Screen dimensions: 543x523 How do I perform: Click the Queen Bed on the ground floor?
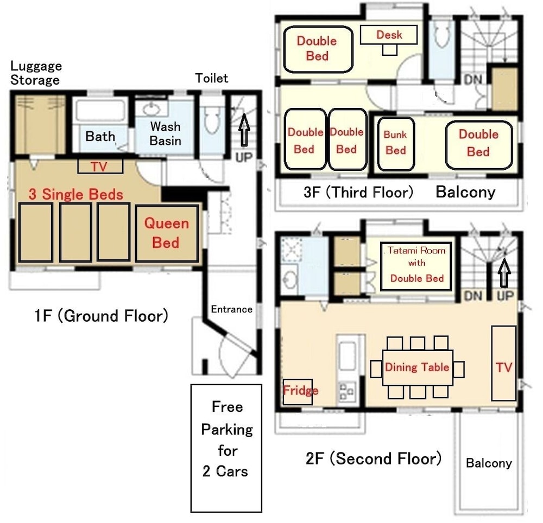coord(167,233)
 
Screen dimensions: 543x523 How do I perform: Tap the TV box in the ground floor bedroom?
coord(100,167)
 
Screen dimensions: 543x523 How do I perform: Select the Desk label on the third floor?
coord(389,35)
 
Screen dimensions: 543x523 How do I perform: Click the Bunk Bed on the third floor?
coord(396,144)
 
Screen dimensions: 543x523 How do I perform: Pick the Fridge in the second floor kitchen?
coord(298,392)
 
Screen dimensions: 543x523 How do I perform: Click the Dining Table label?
coord(417,367)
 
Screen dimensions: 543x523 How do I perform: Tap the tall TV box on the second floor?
coord(504,363)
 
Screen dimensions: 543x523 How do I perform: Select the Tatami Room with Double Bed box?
coord(416,266)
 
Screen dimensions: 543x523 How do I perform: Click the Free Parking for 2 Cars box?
coord(226,448)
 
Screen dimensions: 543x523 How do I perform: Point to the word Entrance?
coord(232,309)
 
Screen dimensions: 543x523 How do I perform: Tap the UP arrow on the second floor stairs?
coord(504,273)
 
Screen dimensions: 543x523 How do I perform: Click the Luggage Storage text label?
coord(36,73)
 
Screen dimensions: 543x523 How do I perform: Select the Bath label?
coord(100,136)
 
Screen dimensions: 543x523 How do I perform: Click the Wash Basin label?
coord(165,133)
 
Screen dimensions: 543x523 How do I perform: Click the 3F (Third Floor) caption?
coord(358,192)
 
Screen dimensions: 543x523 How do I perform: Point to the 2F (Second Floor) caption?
coord(374,458)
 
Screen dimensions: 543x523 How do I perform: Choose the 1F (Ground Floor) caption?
coord(102,315)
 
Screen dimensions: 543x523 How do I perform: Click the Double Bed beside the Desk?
coord(318,49)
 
